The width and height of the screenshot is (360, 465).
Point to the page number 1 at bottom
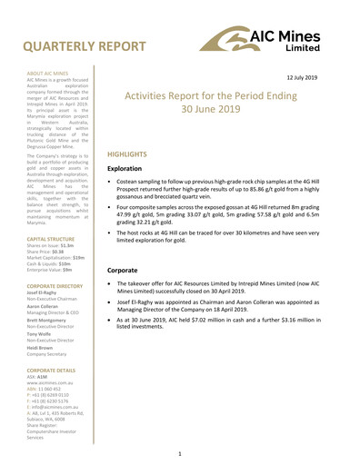(x=180, y=450)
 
